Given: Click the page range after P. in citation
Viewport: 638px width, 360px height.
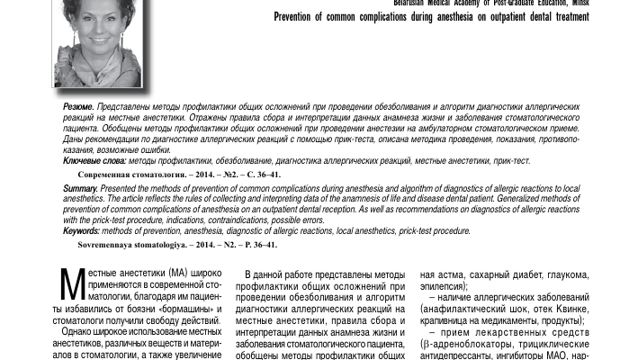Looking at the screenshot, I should [261, 244].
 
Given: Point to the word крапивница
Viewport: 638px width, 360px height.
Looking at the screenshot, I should [452, 320].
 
